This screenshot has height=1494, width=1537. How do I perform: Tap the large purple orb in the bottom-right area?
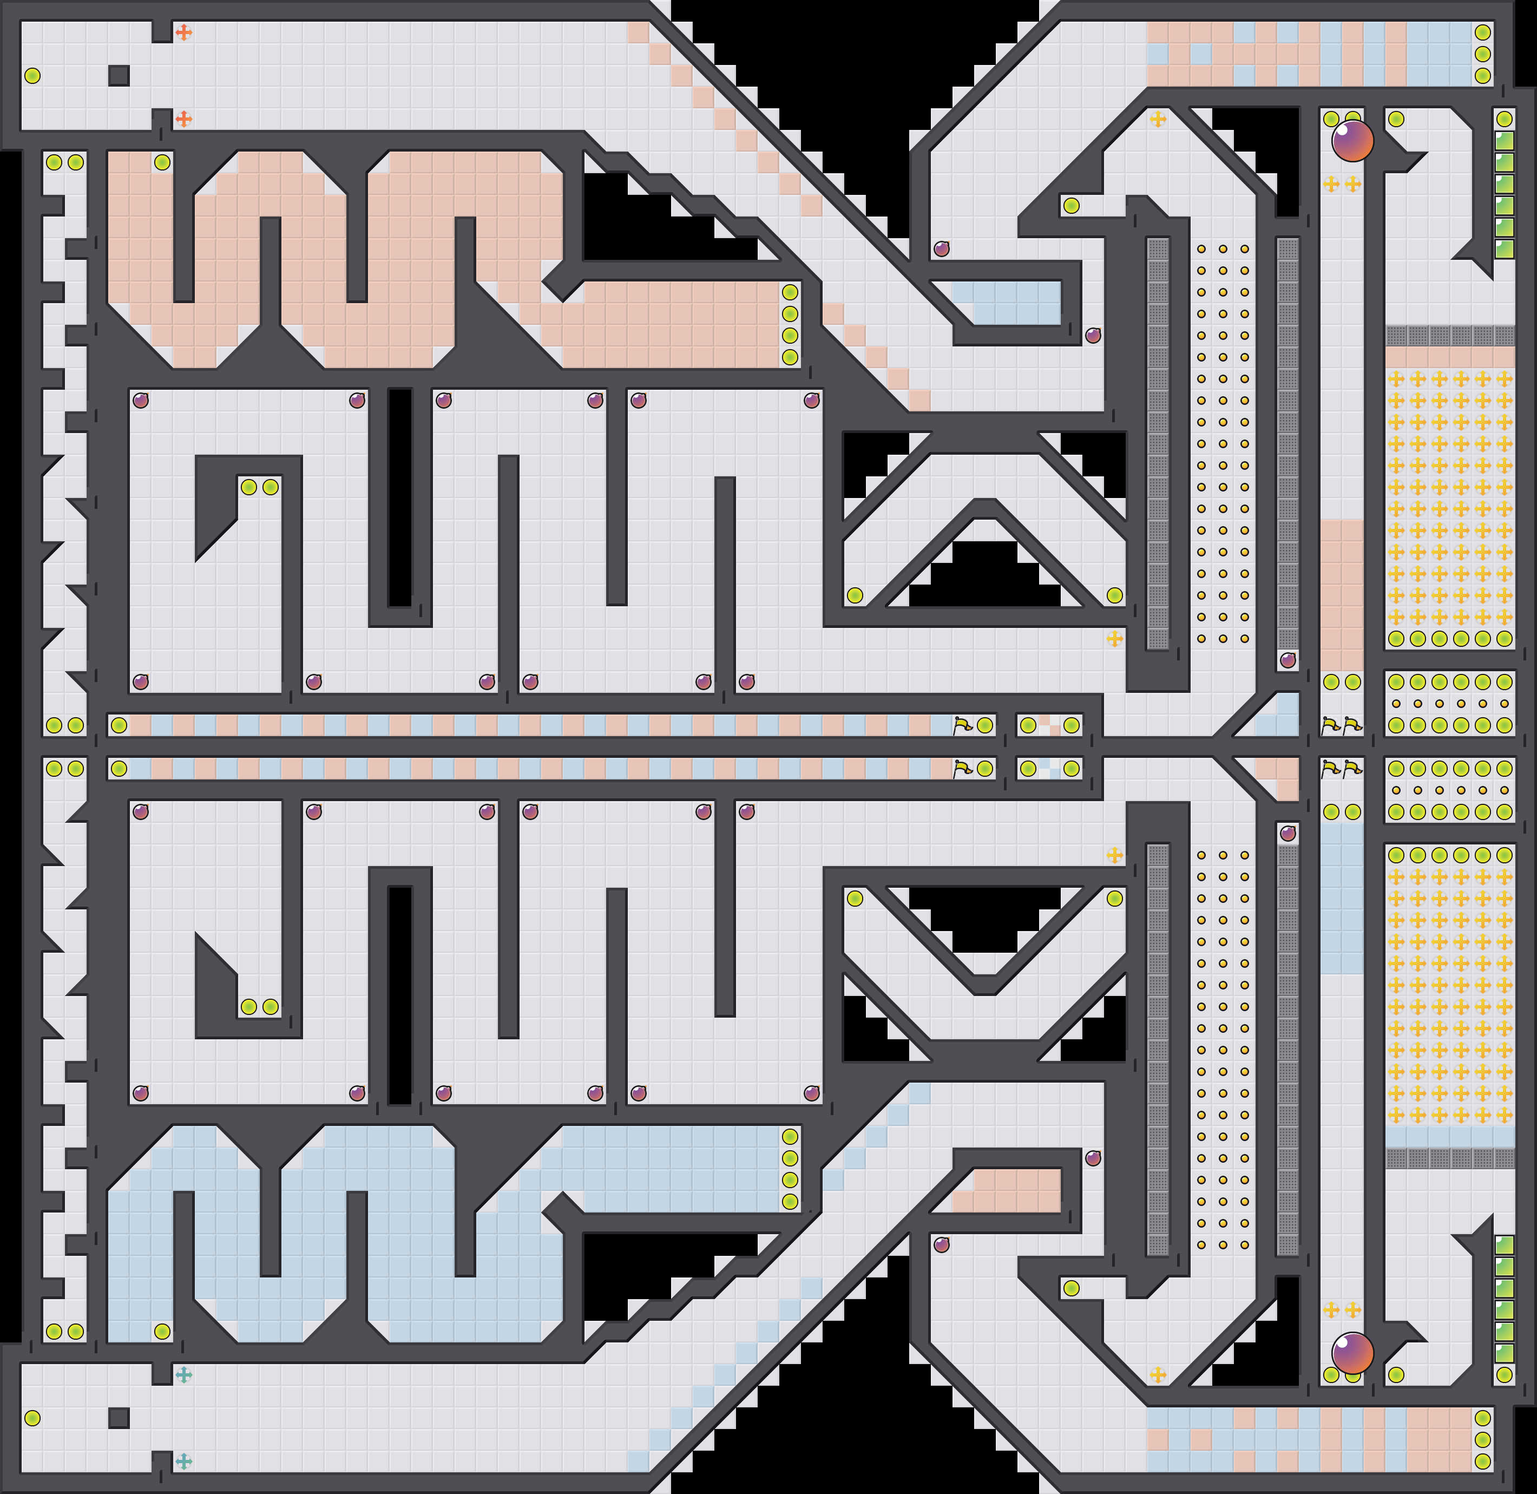(x=1352, y=1353)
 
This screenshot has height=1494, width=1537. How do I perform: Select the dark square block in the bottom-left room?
(x=119, y=1418)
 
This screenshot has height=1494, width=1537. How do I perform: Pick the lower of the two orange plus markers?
(x=183, y=119)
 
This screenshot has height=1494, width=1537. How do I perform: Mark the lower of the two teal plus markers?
(x=183, y=1461)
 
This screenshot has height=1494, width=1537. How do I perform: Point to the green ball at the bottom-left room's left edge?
(x=32, y=1418)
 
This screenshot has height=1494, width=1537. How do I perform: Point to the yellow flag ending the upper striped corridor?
(x=962, y=725)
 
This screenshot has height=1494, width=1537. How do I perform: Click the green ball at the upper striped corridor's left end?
(x=119, y=725)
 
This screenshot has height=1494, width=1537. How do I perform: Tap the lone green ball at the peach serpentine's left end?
(x=162, y=162)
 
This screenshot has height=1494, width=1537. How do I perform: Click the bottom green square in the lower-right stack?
(x=1504, y=1353)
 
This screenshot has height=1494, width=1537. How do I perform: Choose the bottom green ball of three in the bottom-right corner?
(x=1482, y=1461)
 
